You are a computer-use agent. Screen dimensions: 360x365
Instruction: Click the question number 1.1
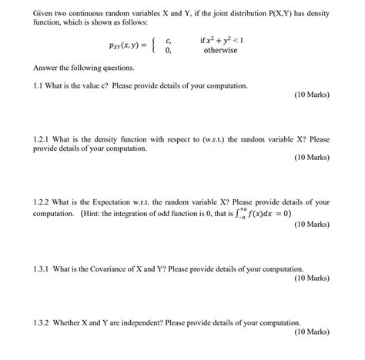click(40, 85)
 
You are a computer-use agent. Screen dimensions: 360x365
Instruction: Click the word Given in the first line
click(44, 14)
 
